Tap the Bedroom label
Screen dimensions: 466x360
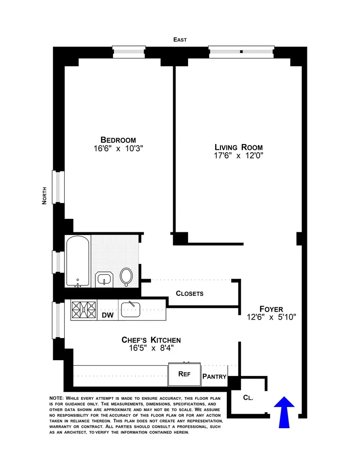118,140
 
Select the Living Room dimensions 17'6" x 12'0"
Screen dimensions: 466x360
238,156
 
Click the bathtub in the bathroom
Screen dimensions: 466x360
78,261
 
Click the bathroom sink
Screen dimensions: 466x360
105,279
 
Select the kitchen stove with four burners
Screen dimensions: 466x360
84,310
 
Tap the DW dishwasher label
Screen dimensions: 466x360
107,316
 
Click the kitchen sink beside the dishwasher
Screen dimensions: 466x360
133,309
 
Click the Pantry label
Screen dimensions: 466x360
214,376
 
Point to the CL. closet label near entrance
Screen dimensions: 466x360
248,398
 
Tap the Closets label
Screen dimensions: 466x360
189,294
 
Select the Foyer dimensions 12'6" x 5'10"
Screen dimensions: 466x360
271,317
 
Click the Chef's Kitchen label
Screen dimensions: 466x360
151,340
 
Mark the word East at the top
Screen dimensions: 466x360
180,40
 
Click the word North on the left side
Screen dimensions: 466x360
44,196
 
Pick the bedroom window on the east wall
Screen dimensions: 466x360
129,52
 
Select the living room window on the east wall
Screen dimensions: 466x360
241,52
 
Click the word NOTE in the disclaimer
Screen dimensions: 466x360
56,398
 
